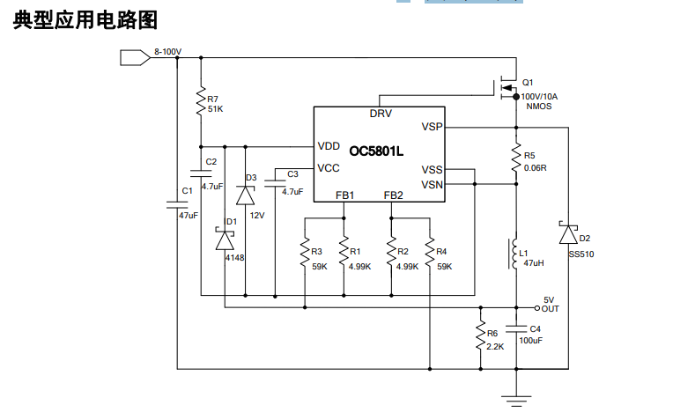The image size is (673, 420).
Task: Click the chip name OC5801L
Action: [x=376, y=151]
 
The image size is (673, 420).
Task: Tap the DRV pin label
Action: [x=381, y=114]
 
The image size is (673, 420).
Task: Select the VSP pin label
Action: [x=432, y=127]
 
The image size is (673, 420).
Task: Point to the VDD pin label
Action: [x=329, y=146]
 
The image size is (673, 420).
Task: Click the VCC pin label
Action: [x=329, y=168]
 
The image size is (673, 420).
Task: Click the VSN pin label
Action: [x=432, y=184]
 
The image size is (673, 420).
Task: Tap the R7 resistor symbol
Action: [x=201, y=102]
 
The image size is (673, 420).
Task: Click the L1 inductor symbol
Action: [x=514, y=254]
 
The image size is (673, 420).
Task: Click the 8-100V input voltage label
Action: [x=166, y=52]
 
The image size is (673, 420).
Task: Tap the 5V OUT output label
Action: [x=550, y=304]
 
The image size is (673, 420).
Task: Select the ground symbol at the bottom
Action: [x=516, y=399]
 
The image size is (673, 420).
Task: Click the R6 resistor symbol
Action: [x=480, y=337]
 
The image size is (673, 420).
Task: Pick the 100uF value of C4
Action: [x=530, y=340]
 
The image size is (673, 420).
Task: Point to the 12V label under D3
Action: [x=257, y=215]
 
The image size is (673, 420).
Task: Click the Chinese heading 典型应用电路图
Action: [x=85, y=21]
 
